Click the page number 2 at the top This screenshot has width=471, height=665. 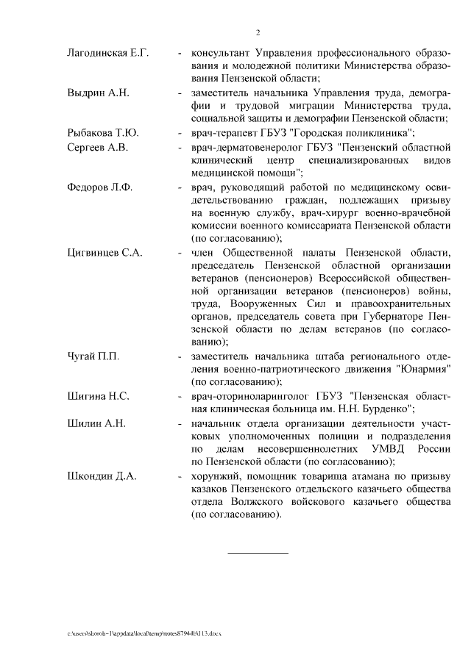tap(258, 32)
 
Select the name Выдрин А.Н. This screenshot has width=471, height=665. tap(98, 93)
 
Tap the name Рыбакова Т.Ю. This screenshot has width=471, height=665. tap(102, 133)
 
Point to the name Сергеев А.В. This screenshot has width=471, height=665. tap(97, 147)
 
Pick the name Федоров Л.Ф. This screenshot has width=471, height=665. tap(99, 187)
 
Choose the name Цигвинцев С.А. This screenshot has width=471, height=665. tap(105, 253)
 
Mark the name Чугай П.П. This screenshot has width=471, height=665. tap(93, 356)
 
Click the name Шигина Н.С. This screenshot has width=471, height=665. tap(98, 396)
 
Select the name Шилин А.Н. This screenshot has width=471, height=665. tap(96, 423)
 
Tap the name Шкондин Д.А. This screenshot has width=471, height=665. tap(102, 476)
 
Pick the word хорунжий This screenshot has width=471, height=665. tap(214, 476)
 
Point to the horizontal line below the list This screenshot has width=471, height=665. tap(258, 553)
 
